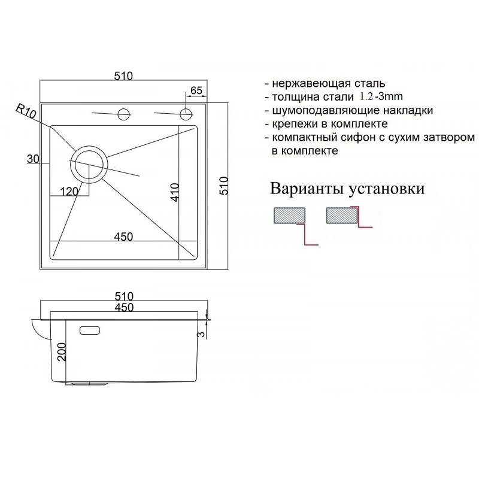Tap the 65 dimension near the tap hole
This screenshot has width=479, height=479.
(196, 90)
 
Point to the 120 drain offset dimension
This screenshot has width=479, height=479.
(69, 192)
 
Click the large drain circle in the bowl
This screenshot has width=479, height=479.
(89, 162)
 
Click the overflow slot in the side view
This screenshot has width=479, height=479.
(90, 329)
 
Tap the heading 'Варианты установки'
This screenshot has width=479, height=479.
(348, 189)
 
